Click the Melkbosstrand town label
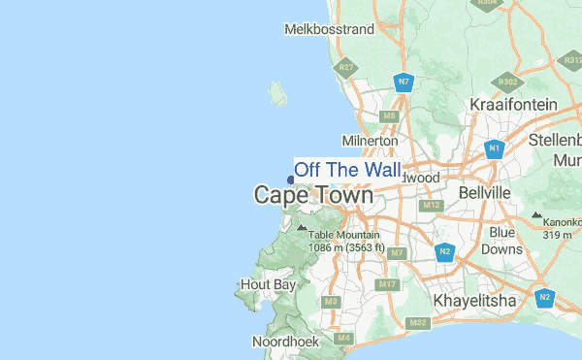329,29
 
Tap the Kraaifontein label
513,105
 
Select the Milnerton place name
370,141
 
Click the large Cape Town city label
313,195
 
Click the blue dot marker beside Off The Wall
291,179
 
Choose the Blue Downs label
502,241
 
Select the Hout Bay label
267,285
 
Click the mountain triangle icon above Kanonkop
536,213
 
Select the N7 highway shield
402,82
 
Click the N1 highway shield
494,148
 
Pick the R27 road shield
345,68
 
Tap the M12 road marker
432,206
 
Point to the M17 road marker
387,284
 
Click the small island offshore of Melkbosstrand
278,94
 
